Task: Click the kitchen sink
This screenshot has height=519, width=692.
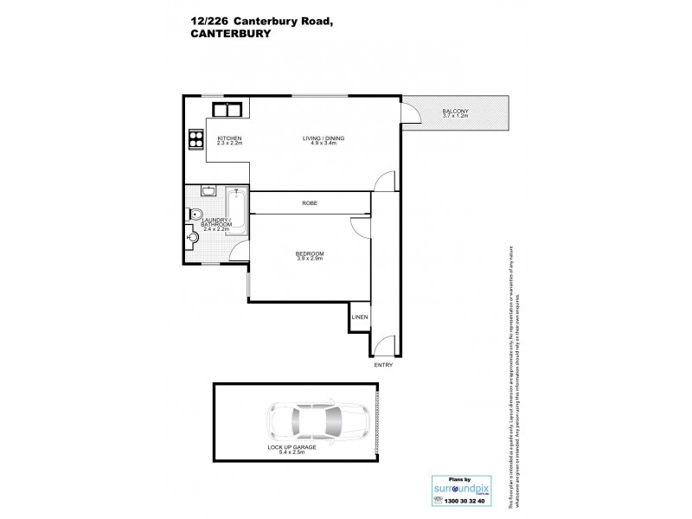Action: pos(227,109)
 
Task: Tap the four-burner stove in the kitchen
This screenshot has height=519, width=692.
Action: pos(195,139)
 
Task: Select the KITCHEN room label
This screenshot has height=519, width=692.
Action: pos(229,139)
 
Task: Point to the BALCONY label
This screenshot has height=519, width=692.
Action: pos(454,112)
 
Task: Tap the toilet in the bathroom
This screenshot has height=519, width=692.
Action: pos(195,215)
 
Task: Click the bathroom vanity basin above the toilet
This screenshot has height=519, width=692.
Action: pos(208,191)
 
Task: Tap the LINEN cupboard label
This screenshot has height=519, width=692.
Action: pos(360,317)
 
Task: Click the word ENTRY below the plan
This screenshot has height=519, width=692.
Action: pos(383,365)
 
